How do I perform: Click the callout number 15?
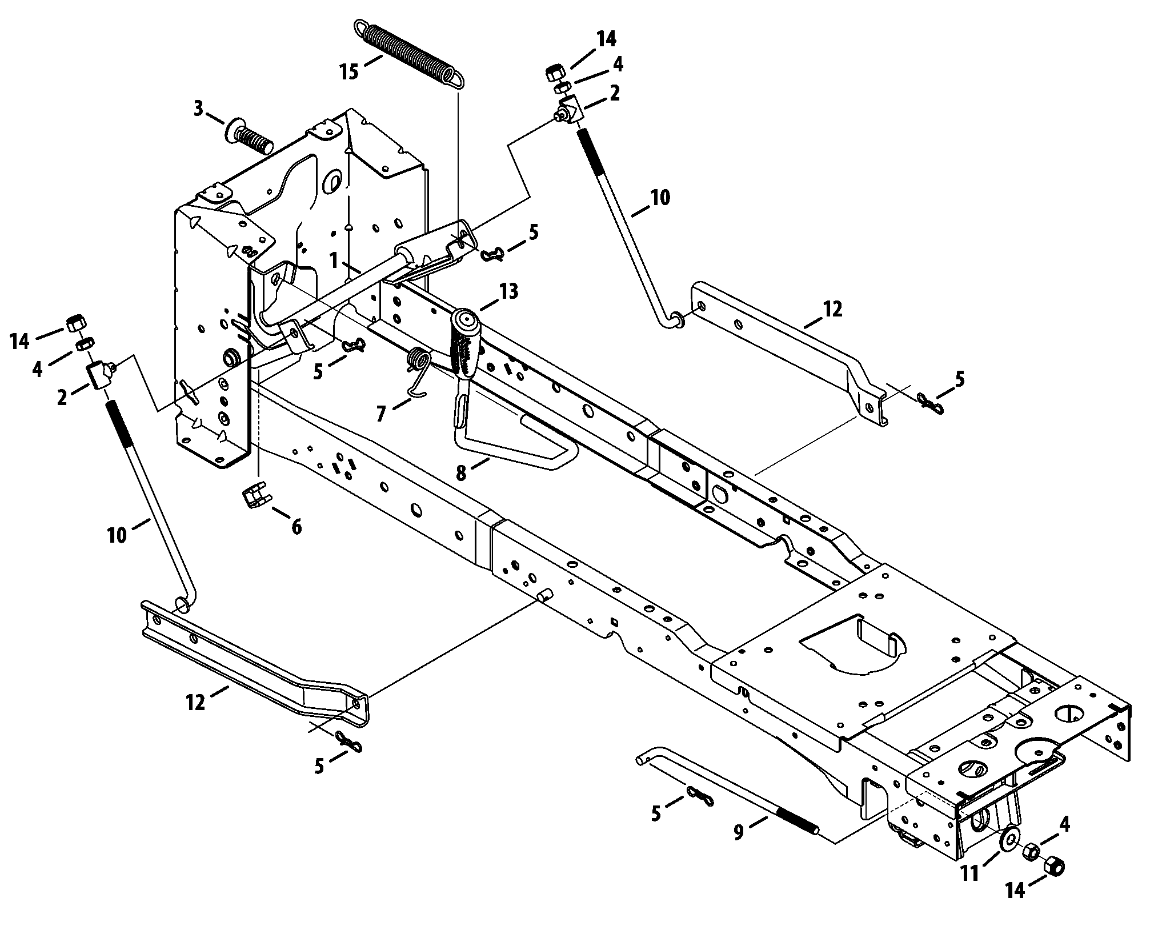coord(350,73)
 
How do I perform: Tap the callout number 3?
coord(198,109)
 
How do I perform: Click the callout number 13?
coord(508,292)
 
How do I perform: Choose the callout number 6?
coord(296,526)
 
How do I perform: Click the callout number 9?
coord(739,833)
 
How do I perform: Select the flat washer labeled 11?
coord(1009,838)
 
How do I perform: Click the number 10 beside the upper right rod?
coord(660,198)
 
